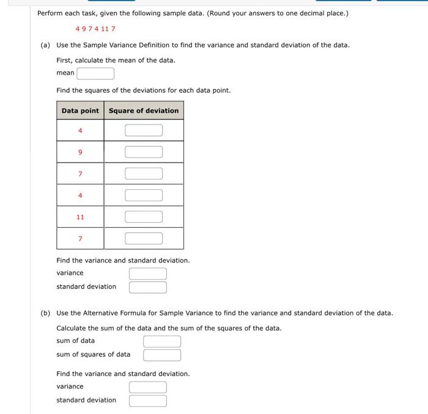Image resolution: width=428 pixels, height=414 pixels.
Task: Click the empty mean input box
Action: tap(95, 73)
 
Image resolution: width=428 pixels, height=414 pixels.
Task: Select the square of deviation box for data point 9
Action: tap(144, 152)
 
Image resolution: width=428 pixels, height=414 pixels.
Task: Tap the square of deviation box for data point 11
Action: tap(144, 217)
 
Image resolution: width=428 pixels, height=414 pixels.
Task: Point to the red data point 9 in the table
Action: tap(80, 152)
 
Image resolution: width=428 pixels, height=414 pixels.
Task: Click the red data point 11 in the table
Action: tap(80, 217)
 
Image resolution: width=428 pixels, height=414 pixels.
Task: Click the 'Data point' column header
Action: tap(80, 111)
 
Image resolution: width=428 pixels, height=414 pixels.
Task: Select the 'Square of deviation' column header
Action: tap(144, 111)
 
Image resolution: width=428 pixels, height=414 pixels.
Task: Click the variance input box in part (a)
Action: tap(147, 274)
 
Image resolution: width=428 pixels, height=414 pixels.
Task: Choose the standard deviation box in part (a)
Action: tap(147, 287)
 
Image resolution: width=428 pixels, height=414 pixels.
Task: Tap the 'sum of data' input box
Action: tap(162, 341)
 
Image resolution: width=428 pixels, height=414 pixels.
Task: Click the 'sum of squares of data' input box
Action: tap(162, 355)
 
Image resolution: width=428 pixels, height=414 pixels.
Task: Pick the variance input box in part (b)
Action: tap(147, 387)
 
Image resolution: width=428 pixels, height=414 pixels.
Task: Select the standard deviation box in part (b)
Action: tap(147, 401)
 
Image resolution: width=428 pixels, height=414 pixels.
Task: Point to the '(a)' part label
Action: tap(45, 45)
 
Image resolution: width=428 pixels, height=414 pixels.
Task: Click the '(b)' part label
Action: tap(45, 313)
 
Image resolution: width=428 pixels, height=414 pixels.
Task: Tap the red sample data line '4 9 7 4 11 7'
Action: tap(95, 29)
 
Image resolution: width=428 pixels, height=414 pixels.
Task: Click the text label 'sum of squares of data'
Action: tap(93, 354)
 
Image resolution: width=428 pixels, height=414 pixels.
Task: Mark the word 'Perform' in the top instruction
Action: tap(50, 13)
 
